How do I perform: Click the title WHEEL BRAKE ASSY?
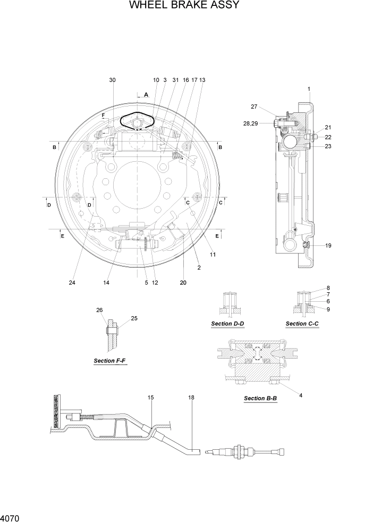(184, 6)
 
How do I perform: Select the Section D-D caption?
(227, 324)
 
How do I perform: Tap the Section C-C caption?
(302, 324)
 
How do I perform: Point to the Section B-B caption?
(260, 398)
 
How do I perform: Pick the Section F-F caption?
(110, 360)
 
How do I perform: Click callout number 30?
(112, 80)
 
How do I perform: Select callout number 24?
(72, 283)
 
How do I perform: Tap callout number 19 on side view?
(328, 245)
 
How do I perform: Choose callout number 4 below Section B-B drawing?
(301, 395)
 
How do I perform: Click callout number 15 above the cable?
(150, 397)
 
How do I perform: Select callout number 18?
(191, 397)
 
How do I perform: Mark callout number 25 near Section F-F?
(134, 318)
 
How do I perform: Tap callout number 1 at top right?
(309, 89)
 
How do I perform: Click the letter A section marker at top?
(146, 94)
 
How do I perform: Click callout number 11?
(213, 254)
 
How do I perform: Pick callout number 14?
(106, 283)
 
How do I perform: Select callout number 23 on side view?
(328, 146)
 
